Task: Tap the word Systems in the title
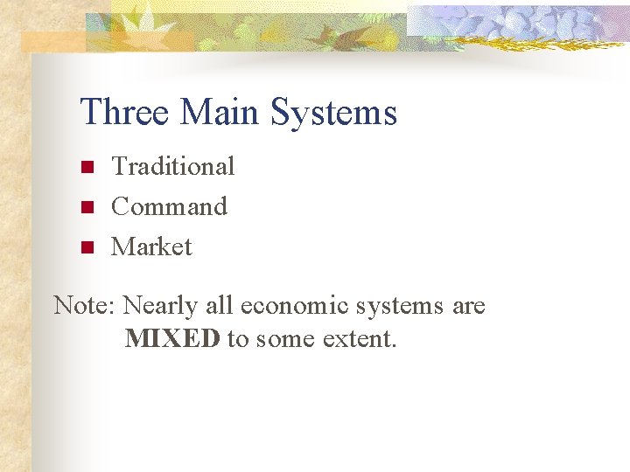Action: click(x=333, y=113)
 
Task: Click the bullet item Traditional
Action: click(x=173, y=166)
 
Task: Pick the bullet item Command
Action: click(x=169, y=206)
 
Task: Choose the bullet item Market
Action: click(x=151, y=246)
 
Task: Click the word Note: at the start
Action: click(x=85, y=306)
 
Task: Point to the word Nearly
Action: click(x=161, y=306)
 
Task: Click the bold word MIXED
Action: click(x=172, y=338)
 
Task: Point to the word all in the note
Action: click(x=220, y=306)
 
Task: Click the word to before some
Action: click(x=237, y=338)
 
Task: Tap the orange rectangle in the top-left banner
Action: click(x=52, y=42)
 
